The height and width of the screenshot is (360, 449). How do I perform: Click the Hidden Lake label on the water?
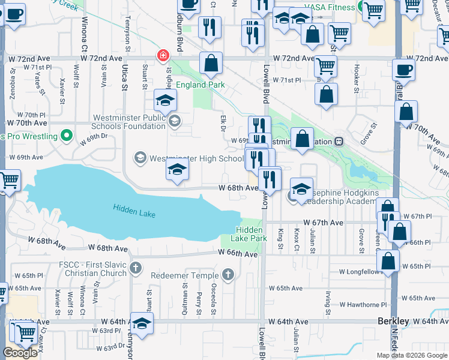pos(133,208)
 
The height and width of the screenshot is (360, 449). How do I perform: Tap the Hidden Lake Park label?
pos(251,234)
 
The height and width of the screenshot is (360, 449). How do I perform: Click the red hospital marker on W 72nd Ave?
pos(163,55)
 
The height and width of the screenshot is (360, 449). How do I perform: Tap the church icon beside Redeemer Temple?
pos(228,275)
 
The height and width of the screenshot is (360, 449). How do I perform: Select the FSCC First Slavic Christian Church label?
pos(92,269)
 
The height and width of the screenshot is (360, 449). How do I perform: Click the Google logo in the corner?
pos(20,353)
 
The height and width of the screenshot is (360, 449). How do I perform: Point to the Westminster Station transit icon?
pos(339,142)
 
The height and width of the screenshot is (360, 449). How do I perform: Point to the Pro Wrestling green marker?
pos(67,136)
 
